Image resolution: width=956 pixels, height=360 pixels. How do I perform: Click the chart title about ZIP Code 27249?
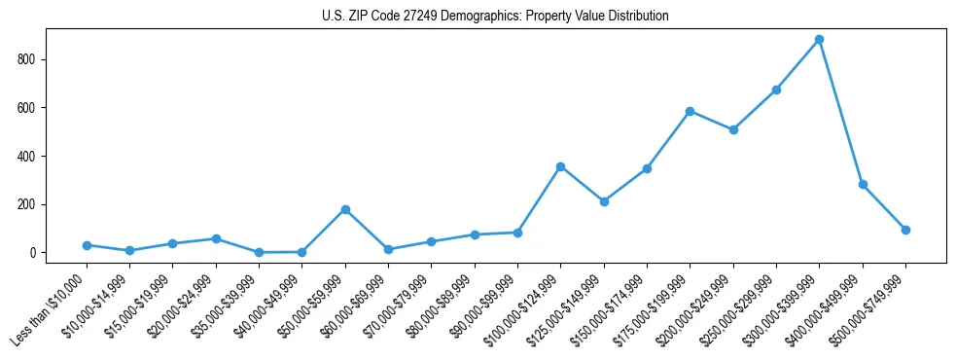495,17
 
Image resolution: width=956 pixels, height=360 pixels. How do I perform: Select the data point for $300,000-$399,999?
820,40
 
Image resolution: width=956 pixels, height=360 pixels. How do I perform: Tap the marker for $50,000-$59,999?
345,209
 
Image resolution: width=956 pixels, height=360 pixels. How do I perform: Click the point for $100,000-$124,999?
561,166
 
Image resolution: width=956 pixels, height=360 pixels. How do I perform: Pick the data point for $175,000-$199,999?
690,111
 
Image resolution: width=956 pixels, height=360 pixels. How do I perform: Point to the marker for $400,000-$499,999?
863,184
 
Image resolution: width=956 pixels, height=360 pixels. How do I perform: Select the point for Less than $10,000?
87,245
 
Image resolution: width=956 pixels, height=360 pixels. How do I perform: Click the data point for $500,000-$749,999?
905,230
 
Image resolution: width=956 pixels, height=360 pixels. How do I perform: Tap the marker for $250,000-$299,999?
776,90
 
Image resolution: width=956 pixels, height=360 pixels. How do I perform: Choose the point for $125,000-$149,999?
604,201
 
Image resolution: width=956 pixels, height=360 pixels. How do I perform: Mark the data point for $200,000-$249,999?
733,129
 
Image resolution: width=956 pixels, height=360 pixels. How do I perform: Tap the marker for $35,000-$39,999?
259,252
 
